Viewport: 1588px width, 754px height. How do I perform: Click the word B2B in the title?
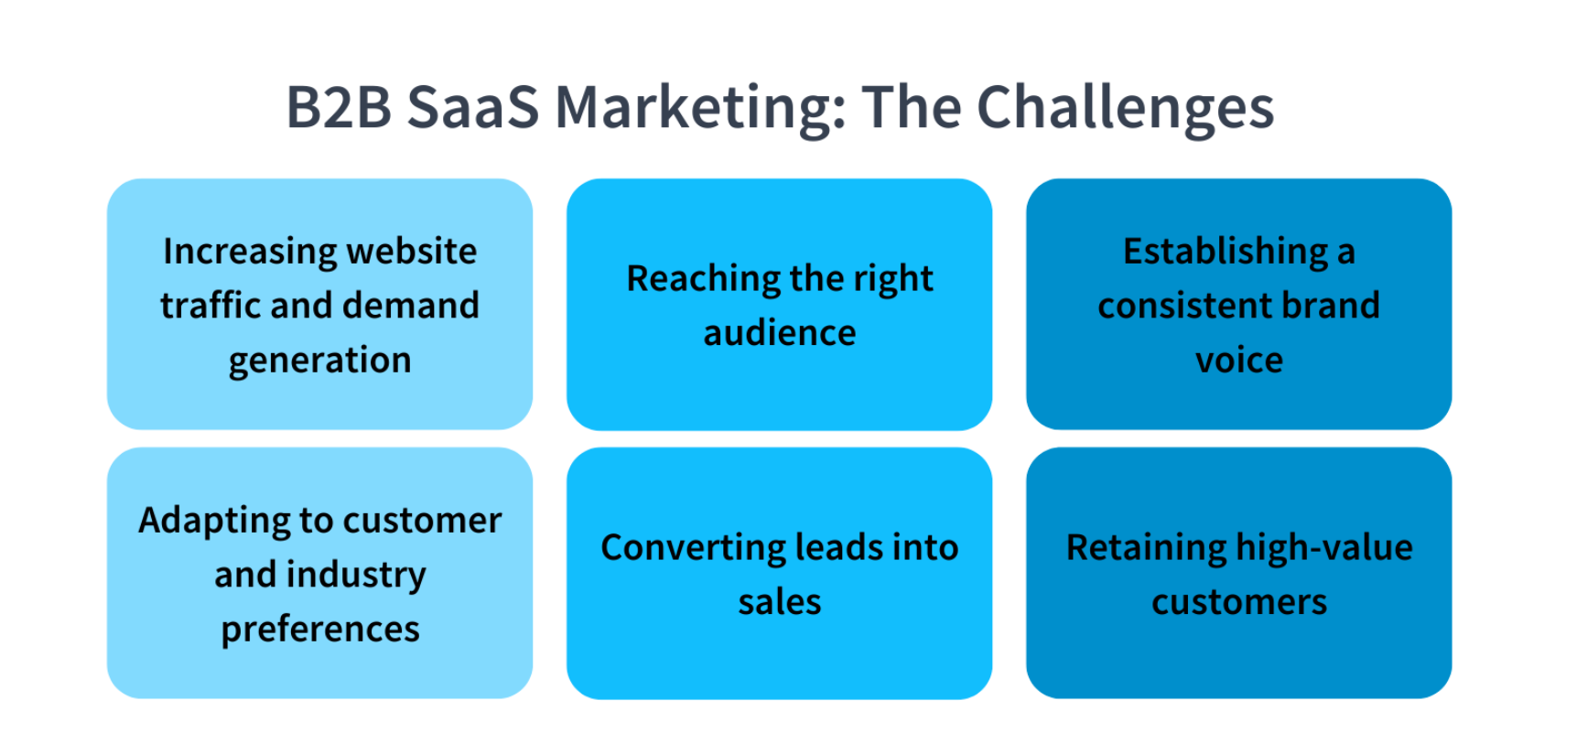339,107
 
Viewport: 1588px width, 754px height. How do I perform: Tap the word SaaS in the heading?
472,107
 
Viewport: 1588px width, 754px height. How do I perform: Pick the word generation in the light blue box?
319,361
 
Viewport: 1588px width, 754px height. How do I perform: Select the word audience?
779,332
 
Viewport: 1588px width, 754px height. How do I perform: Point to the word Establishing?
1226,252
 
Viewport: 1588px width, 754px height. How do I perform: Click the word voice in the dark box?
1238,360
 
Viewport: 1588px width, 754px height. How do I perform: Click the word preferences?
319,630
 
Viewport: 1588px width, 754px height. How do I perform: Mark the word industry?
356,575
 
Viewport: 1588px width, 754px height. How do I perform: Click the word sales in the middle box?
779,602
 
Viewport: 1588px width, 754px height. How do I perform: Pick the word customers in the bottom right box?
1238,602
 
